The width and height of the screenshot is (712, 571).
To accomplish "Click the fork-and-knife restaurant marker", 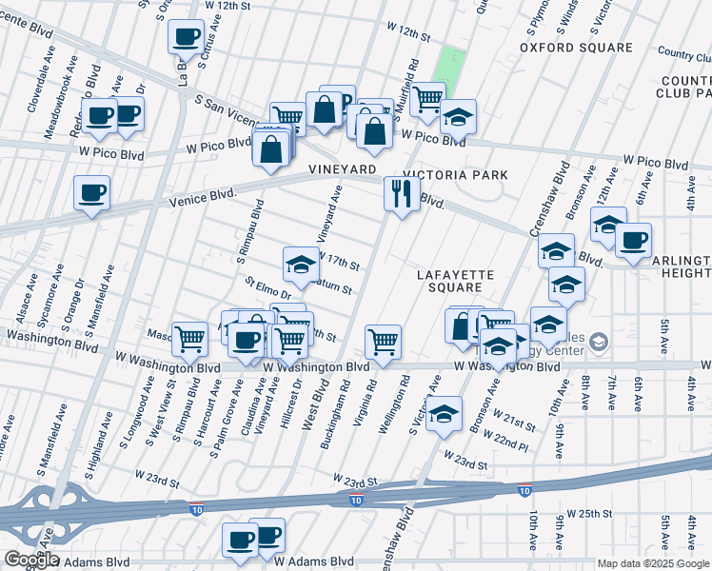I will click(402, 194).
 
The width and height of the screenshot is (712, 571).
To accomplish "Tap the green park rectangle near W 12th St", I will click(450, 66).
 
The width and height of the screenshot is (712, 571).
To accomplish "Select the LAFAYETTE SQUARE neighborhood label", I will click(456, 281).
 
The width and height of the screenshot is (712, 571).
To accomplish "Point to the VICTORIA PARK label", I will click(455, 175).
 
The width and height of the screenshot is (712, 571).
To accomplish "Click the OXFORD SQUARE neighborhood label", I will click(576, 48).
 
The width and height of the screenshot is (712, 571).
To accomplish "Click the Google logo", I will click(30, 560).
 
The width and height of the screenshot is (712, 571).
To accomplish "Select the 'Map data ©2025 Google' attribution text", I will click(653, 563).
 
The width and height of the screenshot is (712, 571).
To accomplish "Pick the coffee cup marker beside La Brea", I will click(186, 37).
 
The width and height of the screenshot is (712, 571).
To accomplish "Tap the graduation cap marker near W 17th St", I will click(301, 263).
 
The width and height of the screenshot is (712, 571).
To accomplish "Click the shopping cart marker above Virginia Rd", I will click(383, 341).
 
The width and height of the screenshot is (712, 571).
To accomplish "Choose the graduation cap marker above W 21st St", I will click(444, 414).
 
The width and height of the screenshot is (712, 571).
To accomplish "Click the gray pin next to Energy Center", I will click(598, 342).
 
